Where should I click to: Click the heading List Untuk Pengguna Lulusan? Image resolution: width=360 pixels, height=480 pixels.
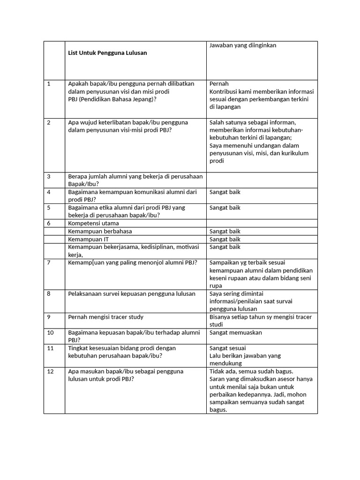(x=107, y=53)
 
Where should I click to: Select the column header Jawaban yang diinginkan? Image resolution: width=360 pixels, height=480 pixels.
(x=243, y=45)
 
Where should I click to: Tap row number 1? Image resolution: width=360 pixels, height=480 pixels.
(x=49, y=84)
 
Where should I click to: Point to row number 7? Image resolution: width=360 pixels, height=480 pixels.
(x=49, y=262)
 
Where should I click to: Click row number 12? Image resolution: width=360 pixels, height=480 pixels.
(x=50, y=371)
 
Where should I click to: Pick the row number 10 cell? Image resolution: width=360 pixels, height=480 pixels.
(x=50, y=332)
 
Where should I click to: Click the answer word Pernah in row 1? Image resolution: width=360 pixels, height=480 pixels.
(x=219, y=84)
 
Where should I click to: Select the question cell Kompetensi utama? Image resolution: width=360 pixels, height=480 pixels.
(x=93, y=223)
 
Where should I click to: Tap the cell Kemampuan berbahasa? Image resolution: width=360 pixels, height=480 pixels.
(x=100, y=231)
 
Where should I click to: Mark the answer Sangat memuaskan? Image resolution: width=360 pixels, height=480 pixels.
(x=235, y=332)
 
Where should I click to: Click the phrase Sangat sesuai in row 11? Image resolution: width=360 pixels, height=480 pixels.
(x=227, y=348)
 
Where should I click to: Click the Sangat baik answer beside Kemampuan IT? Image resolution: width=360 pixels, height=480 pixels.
(x=225, y=239)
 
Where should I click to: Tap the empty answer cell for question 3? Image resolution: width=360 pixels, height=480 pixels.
(x=262, y=180)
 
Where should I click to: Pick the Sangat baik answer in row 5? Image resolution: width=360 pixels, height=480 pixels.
(x=225, y=208)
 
